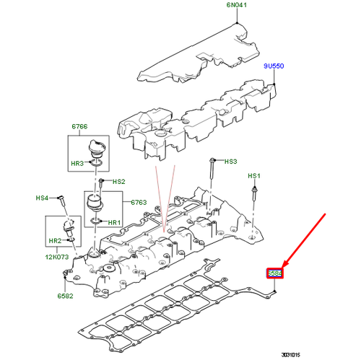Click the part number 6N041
click(x=237, y=6)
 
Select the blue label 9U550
click(x=274, y=65)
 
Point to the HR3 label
click(x=77, y=165)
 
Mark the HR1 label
click(x=113, y=223)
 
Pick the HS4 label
click(x=43, y=198)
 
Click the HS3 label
click(x=230, y=162)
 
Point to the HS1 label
click(x=253, y=176)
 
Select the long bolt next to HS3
click(x=210, y=171)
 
